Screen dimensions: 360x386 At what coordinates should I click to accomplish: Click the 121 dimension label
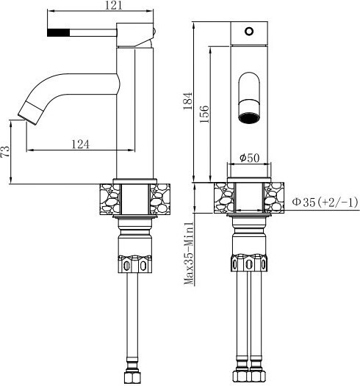(114, 5)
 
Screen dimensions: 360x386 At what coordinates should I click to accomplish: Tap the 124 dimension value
(80, 145)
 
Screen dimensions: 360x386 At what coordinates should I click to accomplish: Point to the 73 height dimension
(5, 151)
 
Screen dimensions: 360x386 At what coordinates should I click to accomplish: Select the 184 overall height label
(188, 101)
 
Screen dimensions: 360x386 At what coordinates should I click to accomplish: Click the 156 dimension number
(204, 114)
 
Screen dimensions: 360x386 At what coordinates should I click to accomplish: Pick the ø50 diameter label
(250, 158)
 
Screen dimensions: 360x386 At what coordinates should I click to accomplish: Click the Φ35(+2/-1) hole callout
(325, 203)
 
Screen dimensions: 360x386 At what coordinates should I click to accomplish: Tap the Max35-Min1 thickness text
(189, 253)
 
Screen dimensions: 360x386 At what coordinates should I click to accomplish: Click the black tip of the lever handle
(58, 32)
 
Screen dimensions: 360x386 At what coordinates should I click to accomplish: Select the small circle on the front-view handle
(249, 32)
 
